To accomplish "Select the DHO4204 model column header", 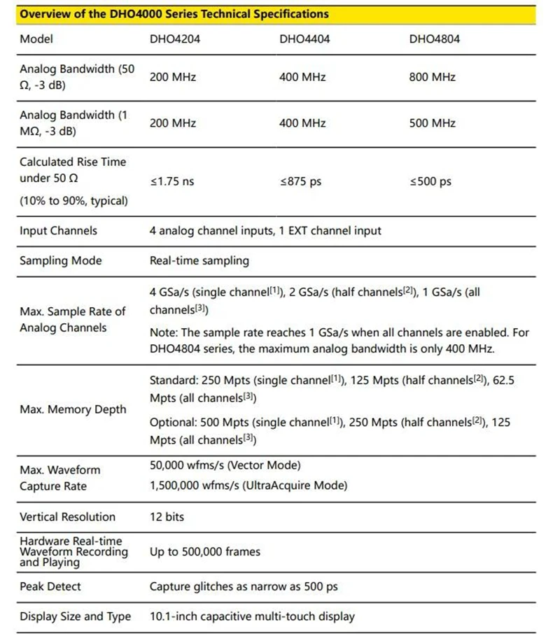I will [x=174, y=39].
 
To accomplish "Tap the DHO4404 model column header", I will [x=304, y=39].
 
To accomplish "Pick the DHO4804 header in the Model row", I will [x=434, y=39].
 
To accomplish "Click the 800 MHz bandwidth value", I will [x=432, y=77].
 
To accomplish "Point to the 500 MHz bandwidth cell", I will [x=432, y=123].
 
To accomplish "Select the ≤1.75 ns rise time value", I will [x=172, y=181].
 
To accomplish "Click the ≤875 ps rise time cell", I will [x=300, y=181].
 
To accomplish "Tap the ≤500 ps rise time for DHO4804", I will [x=430, y=181].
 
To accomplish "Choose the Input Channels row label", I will [x=58, y=231].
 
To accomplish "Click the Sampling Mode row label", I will [x=60, y=261].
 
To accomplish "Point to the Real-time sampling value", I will [x=199, y=261].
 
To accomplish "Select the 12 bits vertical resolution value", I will [x=167, y=517].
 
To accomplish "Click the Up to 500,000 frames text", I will [x=204, y=552].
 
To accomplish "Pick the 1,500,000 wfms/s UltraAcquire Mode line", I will [x=248, y=485].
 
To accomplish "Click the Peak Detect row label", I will [x=50, y=586].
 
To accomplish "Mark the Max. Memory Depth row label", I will [x=73, y=409].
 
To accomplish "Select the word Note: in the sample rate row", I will [x=164, y=332].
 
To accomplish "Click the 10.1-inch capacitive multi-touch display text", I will [x=252, y=616].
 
